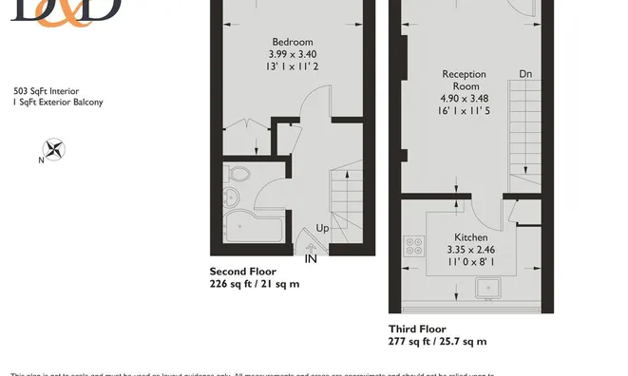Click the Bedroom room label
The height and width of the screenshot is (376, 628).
point(292,42)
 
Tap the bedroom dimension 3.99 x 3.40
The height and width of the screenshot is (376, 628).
point(292,54)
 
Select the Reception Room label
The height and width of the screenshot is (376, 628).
point(464,80)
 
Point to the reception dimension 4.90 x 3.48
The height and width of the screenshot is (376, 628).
point(464,98)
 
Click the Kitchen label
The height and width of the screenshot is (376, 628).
point(470,237)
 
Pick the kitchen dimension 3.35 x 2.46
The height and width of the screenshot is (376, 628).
point(470,250)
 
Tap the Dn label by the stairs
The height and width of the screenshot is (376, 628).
point(525,74)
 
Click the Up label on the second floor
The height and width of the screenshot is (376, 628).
point(323,229)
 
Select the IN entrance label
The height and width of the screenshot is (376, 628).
point(311,257)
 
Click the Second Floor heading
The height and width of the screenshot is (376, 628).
point(242,272)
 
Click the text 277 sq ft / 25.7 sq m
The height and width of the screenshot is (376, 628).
point(437,341)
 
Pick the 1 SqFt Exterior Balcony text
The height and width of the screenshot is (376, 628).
point(58,102)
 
